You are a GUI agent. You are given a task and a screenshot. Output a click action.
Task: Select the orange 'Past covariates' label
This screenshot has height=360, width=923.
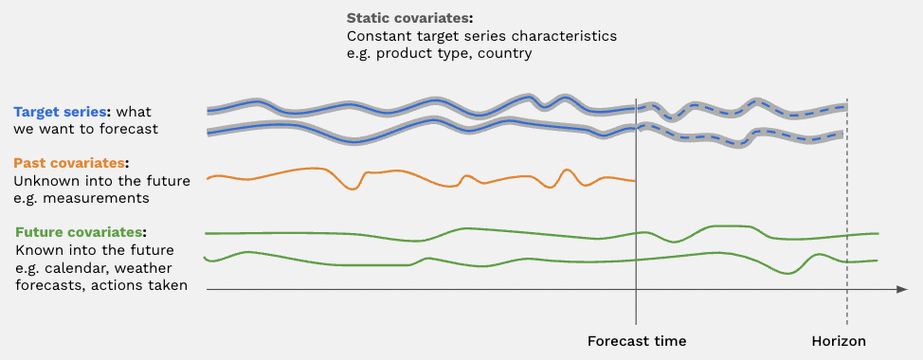coord(69,163)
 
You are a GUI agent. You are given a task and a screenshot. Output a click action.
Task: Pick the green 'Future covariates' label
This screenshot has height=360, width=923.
coord(79,232)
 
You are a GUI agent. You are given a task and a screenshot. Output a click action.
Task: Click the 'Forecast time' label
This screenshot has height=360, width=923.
coord(637,341)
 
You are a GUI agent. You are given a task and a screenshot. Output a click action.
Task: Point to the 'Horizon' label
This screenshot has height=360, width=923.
coord(839,341)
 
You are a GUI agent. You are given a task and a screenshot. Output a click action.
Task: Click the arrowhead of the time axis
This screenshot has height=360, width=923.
coord(902,289)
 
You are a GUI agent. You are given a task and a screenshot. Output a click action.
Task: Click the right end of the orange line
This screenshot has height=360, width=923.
coord(635,181)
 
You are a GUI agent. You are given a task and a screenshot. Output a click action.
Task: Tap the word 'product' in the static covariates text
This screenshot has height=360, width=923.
coord(400,54)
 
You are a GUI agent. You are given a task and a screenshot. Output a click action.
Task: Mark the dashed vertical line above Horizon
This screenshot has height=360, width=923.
coord(847,212)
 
